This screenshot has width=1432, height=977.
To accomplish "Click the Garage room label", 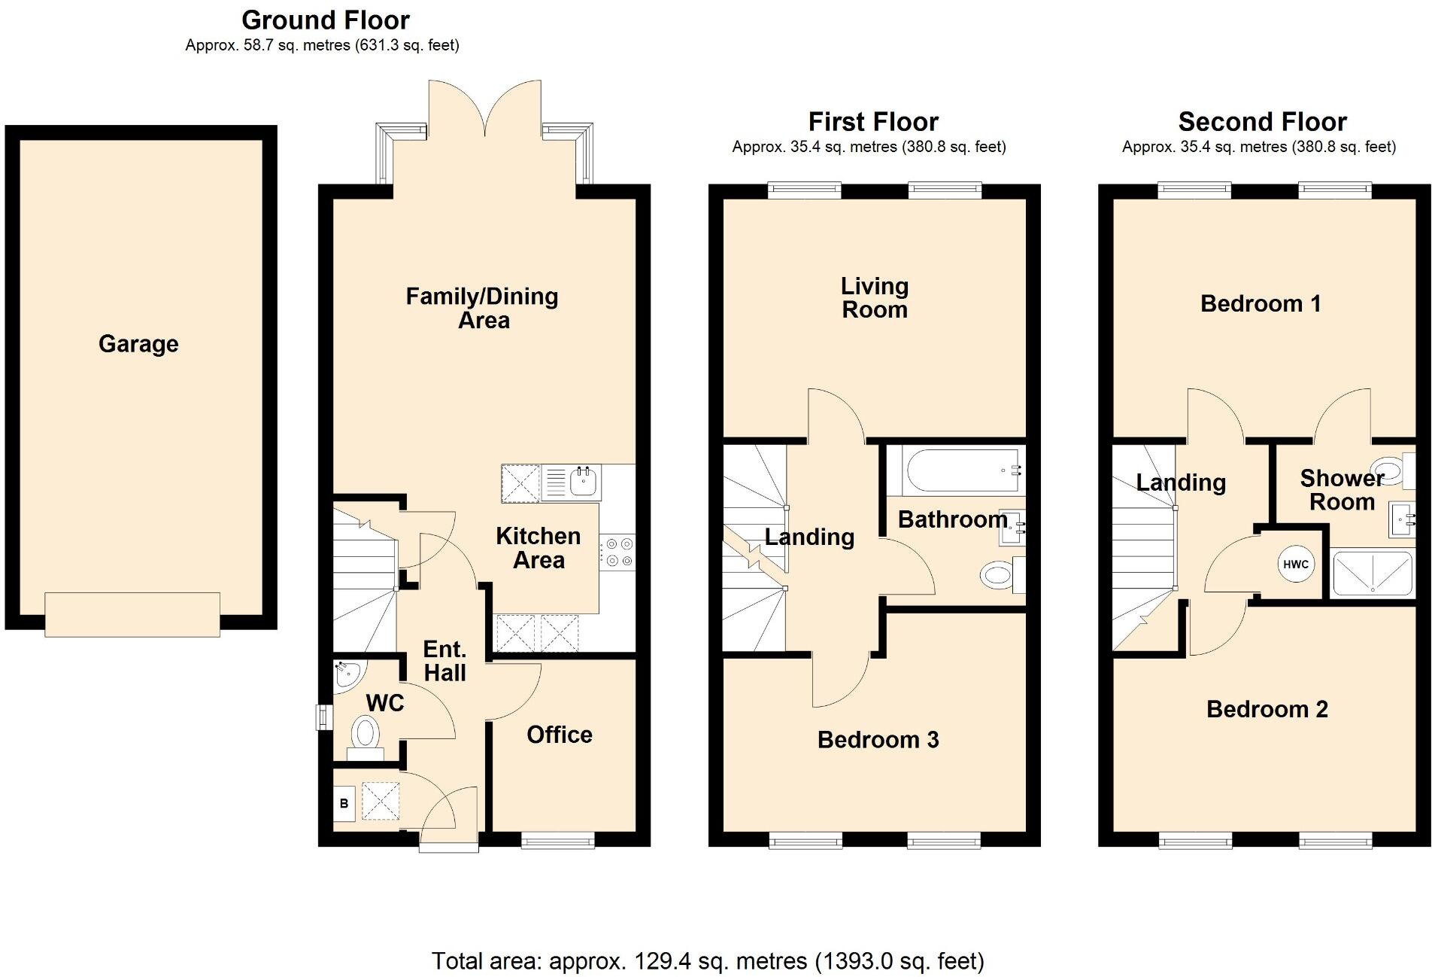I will pyautogui.click(x=138, y=344).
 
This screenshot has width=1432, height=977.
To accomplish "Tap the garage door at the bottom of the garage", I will pyautogui.click(x=132, y=614).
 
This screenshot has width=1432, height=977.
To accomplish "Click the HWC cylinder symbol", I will pyautogui.click(x=1295, y=565).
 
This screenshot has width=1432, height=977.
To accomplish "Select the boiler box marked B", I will pyautogui.click(x=344, y=803).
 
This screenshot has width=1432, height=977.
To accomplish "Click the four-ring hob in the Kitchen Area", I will pyautogui.click(x=617, y=552).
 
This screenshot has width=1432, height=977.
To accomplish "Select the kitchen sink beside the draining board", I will pyautogui.click(x=584, y=481).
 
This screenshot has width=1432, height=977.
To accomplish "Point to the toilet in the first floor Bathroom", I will pyautogui.click(x=997, y=577).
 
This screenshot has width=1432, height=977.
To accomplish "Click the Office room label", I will pyautogui.click(x=559, y=735).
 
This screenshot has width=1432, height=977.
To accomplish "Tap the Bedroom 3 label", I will pyautogui.click(x=878, y=740).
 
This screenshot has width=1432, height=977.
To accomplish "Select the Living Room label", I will pyautogui.click(x=874, y=298).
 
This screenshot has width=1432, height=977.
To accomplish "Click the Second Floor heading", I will pyautogui.click(x=1262, y=122).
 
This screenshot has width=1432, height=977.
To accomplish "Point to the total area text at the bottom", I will pyautogui.click(x=708, y=960).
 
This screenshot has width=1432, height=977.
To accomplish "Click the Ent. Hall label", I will pyautogui.click(x=444, y=661).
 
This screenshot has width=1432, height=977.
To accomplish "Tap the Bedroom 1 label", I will pyautogui.click(x=1261, y=304).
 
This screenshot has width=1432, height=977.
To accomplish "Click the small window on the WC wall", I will pyautogui.click(x=323, y=717).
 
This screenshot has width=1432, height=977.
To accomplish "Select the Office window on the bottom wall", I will pyautogui.click(x=558, y=841).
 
